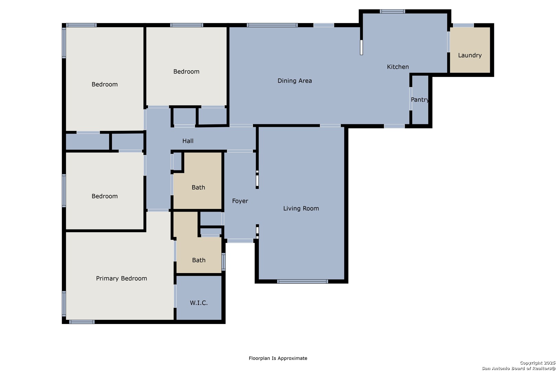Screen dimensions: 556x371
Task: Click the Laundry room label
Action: (470, 55)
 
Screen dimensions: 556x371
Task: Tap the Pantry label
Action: (420, 100)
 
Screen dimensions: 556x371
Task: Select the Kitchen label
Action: (398, 67)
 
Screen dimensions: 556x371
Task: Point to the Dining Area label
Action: (294, 81)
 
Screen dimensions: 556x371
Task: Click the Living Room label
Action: (301, 209)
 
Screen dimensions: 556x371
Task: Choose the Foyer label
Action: (240, 201)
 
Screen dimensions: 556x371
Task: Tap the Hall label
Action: (188, 141)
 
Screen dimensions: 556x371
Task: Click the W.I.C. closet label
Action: (199, 303)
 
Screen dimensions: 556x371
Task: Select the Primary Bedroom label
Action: (121, 279)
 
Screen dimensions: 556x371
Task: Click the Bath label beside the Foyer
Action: (198, 187)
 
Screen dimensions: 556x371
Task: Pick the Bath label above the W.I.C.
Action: (199, 260)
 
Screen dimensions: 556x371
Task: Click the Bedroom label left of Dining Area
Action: (186, 71)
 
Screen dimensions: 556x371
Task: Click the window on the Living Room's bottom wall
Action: (303, 281)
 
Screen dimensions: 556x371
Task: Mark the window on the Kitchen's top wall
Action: (392, 11)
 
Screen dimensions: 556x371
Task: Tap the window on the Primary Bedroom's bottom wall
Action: (82, 322)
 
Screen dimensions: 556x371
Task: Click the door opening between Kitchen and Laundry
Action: (449, 42)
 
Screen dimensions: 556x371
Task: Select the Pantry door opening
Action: (411, 99)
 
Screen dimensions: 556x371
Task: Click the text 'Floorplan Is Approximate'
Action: (278, 358)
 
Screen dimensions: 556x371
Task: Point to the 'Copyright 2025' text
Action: (537, 363)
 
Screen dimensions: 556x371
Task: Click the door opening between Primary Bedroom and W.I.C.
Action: (175, 296)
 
